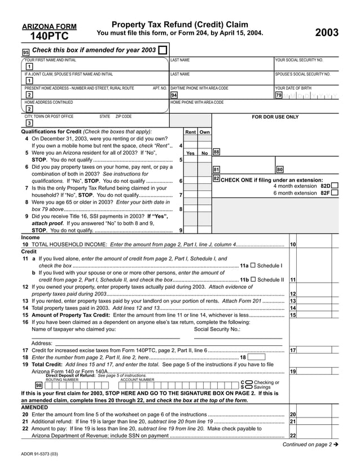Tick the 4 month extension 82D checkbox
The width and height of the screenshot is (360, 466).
[x=335, y=186]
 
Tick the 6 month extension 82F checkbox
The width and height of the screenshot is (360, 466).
[x=335, y=193]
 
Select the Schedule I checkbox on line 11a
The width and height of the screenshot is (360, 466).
[x=252, y=265]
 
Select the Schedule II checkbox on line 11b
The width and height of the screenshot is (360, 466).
[x=253, y=279]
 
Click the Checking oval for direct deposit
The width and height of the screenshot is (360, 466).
[x=249, y=383]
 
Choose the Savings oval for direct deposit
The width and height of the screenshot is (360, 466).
[x=249, y=387]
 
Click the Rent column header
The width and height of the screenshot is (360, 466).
[x=191, y=132]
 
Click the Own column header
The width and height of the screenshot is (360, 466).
[x=204, y=132]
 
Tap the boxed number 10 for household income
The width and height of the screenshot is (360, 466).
[x=293, y=244]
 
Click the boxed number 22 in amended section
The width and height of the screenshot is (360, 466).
[x=293, y=436]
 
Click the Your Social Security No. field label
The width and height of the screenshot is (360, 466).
[x=299, y=59]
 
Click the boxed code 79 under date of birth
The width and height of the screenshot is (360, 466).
[x=278, y=95]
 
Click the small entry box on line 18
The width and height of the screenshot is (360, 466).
[x=257, y=357]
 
